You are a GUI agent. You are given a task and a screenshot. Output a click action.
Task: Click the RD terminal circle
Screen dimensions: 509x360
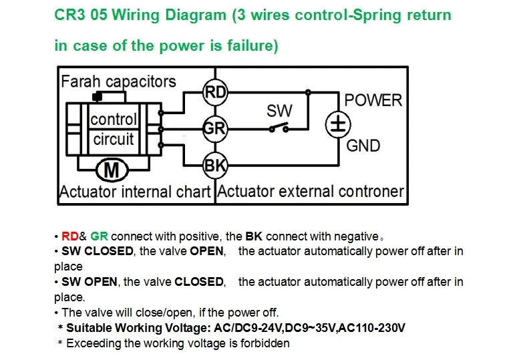click(x=215, y=92)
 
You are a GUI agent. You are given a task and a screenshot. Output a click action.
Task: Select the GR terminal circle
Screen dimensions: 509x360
click(x=215, y=129)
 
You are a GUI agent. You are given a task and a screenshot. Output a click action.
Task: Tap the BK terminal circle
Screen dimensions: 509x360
click(x=215, y=166)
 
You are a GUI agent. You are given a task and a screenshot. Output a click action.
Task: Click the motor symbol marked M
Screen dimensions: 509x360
click(x=112, y=170)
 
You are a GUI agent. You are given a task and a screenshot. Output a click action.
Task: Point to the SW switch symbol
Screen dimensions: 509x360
click(x=279, y=128)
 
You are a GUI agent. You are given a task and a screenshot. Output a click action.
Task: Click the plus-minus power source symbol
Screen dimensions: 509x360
click(x=338, y=125)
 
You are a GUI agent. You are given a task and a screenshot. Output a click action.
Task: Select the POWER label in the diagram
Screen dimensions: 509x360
click(x=373, y=100)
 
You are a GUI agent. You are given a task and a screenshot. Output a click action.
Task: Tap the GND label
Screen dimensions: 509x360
click(x=363, y=146)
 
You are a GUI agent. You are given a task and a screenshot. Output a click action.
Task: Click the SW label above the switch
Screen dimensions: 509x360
click(x=279, y=111)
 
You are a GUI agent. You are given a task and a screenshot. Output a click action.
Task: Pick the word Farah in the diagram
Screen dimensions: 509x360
click(x=81, y=81)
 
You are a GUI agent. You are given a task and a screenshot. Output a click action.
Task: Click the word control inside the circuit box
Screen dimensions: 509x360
click(x=114, y=119)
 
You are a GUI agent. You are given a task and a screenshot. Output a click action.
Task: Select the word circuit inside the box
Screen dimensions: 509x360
click(x=114, y=140)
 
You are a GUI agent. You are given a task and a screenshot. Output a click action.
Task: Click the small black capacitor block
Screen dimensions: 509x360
click(x=97, y=96)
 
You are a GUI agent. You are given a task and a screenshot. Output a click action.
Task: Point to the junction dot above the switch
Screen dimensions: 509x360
click(x=308, y=93)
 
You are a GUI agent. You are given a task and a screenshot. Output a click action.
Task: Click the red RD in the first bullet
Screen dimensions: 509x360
click(x=69, y=236)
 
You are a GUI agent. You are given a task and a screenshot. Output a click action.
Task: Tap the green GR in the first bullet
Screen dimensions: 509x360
click(x=99, y=236)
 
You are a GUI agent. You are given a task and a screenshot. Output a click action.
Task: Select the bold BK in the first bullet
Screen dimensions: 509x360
click(x=254, y=236)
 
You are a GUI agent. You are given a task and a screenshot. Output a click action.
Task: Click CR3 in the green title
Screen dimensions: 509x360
click(x=69, y=15)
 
